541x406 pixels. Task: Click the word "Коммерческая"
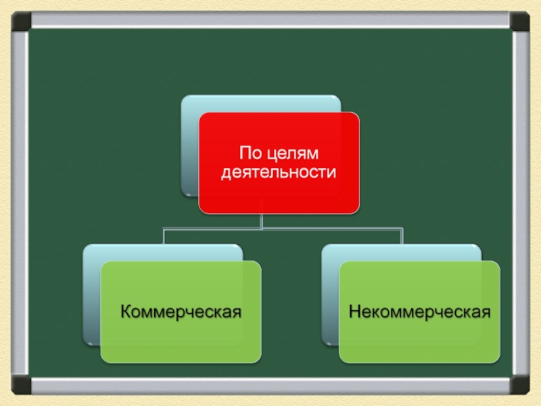point(181,312)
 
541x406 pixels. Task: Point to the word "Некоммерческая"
point(419,312)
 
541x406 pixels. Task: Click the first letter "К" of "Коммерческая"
point(126,312)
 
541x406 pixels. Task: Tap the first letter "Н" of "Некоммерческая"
point(354,312)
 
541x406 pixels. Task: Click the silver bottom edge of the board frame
point(270,386)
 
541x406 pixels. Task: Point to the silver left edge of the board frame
point(21,203)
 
